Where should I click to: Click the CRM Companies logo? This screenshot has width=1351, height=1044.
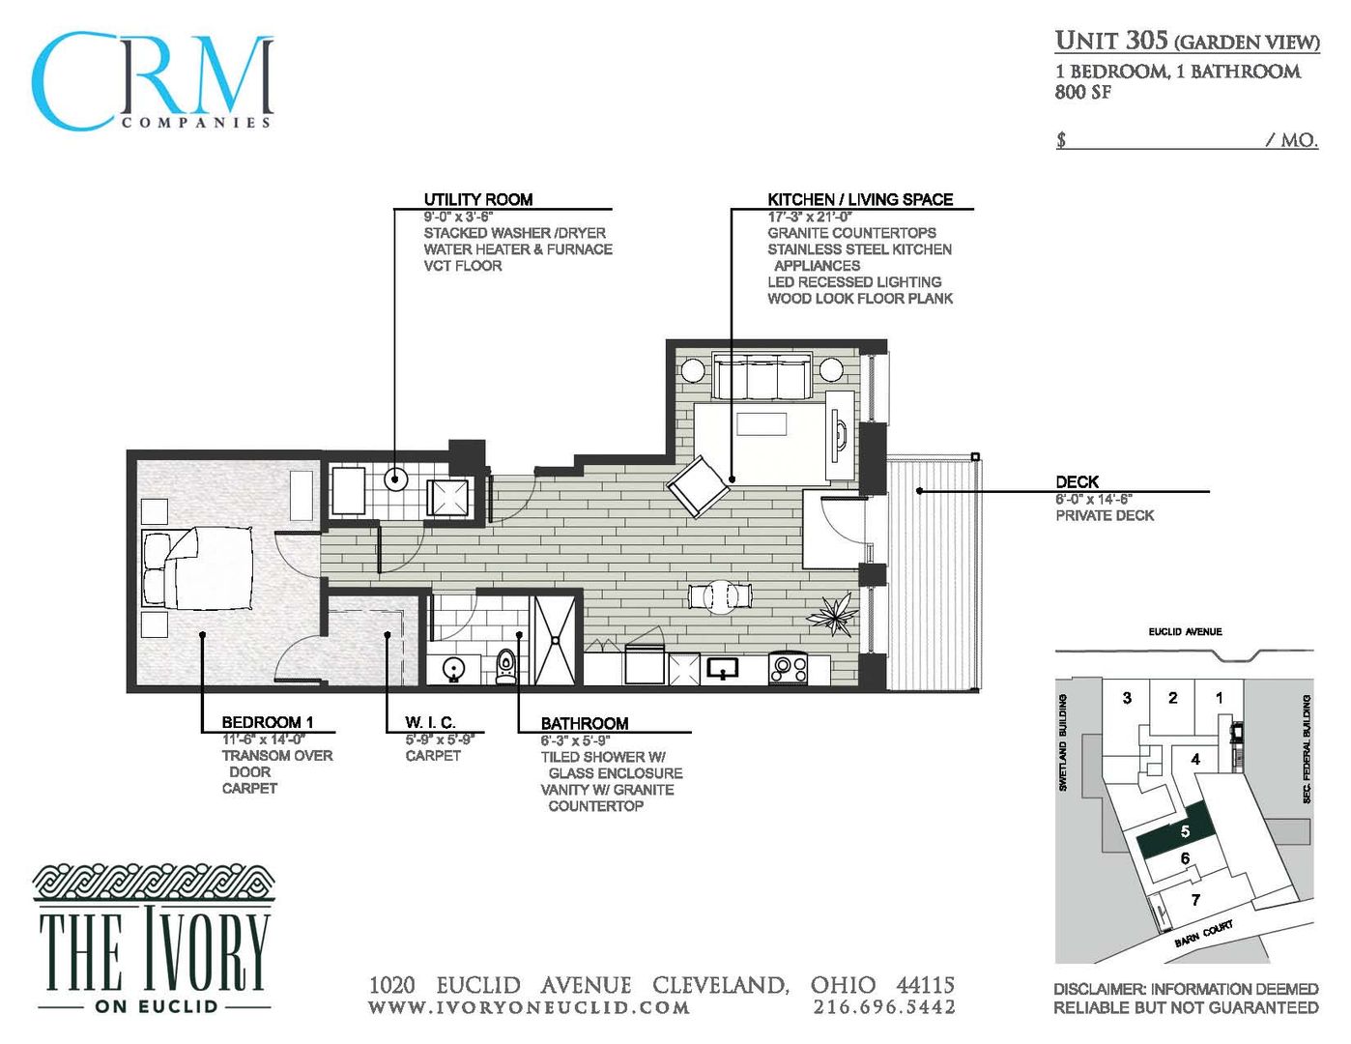pos(153,82)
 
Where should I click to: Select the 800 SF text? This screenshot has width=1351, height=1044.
pos(1082,93)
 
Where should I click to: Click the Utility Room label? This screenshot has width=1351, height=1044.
pos(477,199)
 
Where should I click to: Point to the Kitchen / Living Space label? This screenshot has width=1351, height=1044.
pos(859,199)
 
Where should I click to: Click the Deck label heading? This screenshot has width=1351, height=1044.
pos(1077,481)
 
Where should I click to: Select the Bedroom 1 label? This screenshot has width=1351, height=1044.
pos(267,722)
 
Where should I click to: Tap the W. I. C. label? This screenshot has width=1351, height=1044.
pos(430,722)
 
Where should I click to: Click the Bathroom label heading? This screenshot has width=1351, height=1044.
pos(584,723)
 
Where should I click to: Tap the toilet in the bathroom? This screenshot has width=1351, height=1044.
pos(505,665)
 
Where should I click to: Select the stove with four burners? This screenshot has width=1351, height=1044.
pos(788,668)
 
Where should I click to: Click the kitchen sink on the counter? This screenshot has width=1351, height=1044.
pos(722,668)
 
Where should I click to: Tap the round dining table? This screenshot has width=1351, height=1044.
pos(719,596)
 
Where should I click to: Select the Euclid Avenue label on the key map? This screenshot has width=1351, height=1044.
pos(1185,631)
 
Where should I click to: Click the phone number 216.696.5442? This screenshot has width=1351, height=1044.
pos(883,1007)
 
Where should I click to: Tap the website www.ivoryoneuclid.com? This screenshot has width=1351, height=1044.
pos(529,1007)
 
